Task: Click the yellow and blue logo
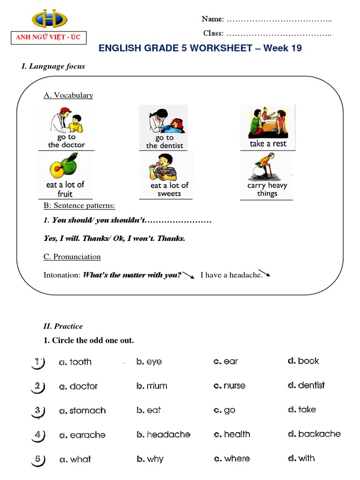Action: [x=49, y=18]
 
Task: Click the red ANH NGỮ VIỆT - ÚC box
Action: [x=49, y=38]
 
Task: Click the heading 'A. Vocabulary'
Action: [x=68, y=95]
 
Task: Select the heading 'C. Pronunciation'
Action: [x=72, y=257]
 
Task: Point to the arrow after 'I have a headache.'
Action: [x=265, y=273]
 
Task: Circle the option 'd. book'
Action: [x=303, y=361]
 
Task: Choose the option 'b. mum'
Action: [x=151, y=386]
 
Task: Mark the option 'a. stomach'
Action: [x=82, y=411]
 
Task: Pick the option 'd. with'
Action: [x=301, y=458]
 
